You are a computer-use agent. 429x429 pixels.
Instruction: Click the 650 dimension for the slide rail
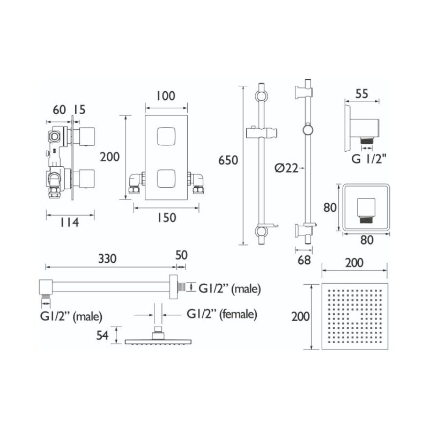(228, 160)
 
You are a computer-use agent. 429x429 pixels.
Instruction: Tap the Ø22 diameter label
(286, 168)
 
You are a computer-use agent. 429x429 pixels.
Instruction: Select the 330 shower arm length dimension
(107, 259)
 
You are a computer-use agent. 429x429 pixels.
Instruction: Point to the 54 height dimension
(102, 336)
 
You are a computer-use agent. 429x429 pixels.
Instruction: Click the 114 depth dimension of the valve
(70, 223)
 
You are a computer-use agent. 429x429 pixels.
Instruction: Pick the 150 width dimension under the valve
(166, 218)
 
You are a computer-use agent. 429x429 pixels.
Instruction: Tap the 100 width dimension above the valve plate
(166, 96)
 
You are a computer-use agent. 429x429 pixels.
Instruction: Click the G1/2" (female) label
(222, 314)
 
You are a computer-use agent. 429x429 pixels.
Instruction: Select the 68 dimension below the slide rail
(304, 260)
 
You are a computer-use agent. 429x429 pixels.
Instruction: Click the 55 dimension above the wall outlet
(361, 94)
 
